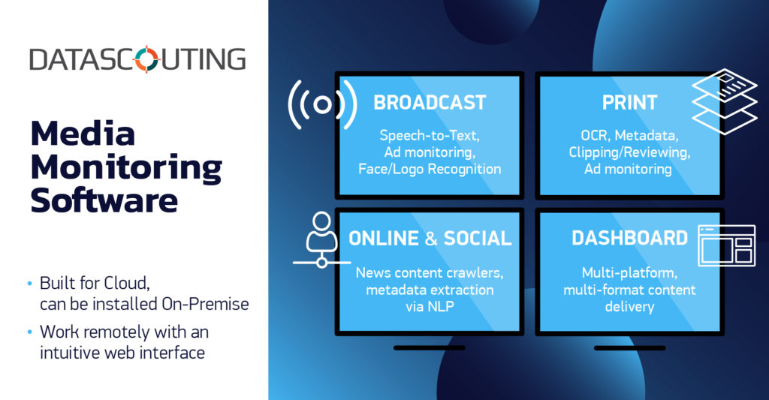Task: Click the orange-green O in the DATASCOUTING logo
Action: [x=146, y=59]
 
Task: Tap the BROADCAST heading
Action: [x=430, y=103]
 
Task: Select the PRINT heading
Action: [x=630, y=103]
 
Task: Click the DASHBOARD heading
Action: [x=630, y=238]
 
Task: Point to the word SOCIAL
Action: [x=478, y=238]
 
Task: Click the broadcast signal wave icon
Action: [x=322, y=104]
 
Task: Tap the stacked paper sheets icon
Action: [x=725, y=101]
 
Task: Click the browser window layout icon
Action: [x=726, y=245]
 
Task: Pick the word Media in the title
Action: [x=83, y=134]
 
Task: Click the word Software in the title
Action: [x=104, y=200]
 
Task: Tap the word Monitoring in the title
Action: [x=126, y=168]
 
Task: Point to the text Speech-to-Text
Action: [x=430, y=135]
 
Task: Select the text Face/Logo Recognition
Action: [x=430, y=169]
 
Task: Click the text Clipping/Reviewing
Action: [x=630, y=152]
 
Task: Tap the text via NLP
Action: [x=430, y=307]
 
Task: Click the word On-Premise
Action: [x=205, y=305]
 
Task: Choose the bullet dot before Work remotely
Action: [x=30, y=332]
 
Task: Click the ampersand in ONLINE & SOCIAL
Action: [x=431, y=238]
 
